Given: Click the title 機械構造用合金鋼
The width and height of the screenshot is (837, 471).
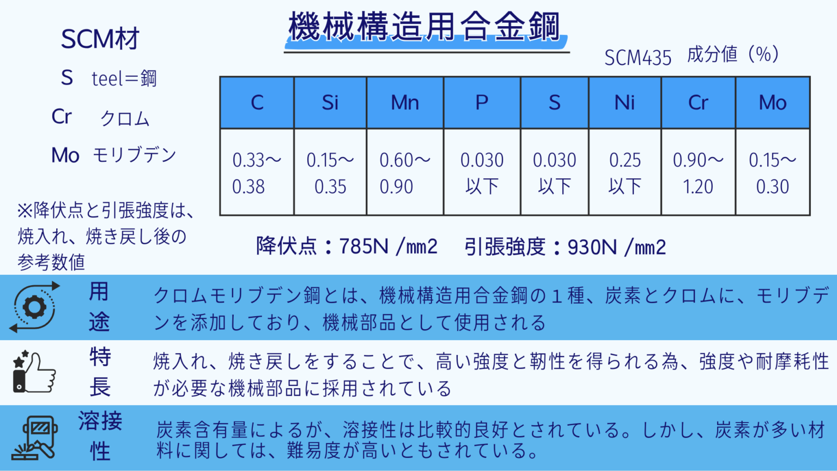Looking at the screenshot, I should click(424, 27).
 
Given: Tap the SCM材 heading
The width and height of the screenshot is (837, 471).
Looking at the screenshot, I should click(100, 39).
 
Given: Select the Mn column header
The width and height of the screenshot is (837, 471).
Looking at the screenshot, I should click(405, 102).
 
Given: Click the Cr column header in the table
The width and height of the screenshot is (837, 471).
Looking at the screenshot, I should click(698, 102).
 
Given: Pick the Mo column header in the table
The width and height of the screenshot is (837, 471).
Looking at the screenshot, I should click(773, 102).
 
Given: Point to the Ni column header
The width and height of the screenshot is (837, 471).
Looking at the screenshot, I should click(624, 102).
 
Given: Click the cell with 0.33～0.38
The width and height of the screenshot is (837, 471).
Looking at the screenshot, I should click(257, 173).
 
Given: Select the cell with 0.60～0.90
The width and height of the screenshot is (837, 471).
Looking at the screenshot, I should click(405, 173).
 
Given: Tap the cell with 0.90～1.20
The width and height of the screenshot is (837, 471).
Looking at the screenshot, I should click(698, 173).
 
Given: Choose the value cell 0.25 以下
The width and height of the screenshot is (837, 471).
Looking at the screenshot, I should click(624, 173).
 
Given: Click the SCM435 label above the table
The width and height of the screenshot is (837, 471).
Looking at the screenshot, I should click(638, 57).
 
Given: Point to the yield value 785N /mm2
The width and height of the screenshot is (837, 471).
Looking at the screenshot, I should click(388, 246).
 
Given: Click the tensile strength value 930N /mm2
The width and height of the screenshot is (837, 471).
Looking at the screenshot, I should click(616, 247).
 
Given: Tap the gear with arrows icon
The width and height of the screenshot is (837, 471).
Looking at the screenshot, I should click(35, 307).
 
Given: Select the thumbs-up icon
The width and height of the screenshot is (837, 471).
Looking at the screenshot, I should click(34, 372).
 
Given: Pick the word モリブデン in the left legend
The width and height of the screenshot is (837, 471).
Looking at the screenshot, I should click(134, 155).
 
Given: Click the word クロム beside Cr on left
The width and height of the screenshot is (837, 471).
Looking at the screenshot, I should click(125, 118).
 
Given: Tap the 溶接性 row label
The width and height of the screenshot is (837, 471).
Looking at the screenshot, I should click(100, 436).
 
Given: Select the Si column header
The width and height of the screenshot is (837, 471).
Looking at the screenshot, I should click(330, 102).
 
